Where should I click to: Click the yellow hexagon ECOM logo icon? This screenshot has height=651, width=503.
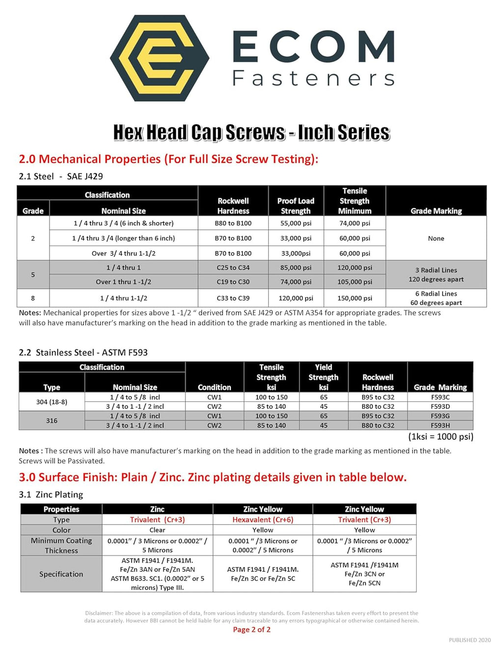(159, 58)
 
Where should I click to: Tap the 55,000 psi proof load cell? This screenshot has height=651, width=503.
(296, 223)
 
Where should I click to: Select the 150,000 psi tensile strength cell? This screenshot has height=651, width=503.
(355, 298)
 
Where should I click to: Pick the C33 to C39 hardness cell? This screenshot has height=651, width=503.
(233, 298)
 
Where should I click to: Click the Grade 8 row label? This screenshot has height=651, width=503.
(33, 298)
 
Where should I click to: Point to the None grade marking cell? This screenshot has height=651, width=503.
(436, 238)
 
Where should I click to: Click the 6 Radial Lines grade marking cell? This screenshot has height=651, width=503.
(436, 298)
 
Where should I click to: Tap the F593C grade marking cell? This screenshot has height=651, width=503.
(440, 397)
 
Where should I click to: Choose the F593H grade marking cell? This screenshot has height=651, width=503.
(440, 425)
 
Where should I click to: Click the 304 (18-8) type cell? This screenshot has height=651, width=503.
(52, 402)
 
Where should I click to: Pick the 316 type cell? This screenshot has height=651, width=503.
(52, 421)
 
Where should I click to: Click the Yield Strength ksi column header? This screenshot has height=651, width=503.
(323, 377)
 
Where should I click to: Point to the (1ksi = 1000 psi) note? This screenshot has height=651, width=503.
(441, 436)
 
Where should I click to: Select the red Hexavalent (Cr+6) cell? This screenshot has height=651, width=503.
(263, 519)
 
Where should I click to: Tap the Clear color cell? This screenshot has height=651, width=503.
(157, 530)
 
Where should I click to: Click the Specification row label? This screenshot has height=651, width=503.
(61, 574)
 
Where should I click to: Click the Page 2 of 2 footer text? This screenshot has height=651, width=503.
(251, 629)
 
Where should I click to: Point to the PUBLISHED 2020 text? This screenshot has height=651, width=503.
(470, 640)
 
